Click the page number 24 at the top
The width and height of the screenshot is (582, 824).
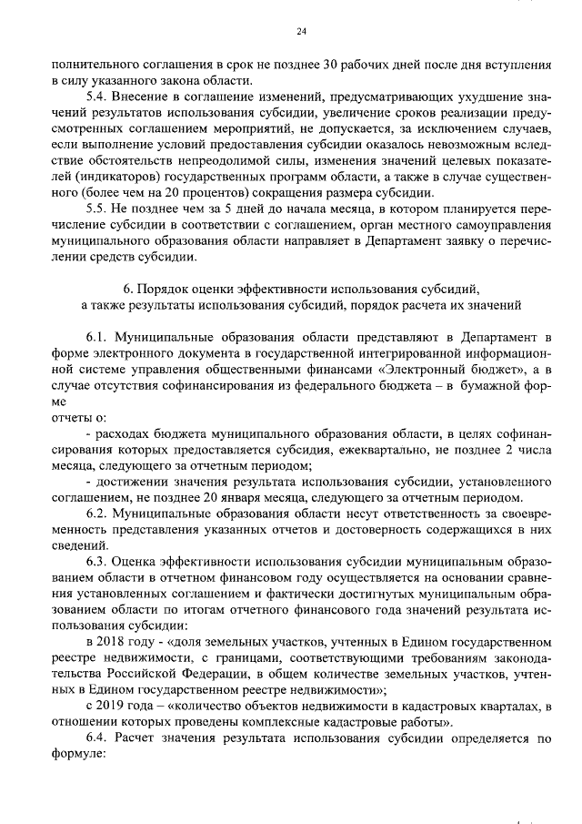pyautogui.click(x=302, y=33)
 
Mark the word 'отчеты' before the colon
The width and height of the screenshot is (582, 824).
pyautogui.click(x=71, y=418)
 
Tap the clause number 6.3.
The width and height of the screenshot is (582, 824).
pyautogui.click(x=95, y=565)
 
